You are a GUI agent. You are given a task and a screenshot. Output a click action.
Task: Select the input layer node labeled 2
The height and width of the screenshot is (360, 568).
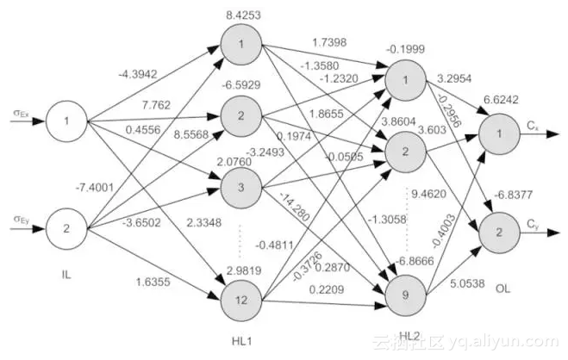[66, 228]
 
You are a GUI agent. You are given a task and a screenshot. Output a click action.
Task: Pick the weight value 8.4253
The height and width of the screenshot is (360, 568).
[241, 14]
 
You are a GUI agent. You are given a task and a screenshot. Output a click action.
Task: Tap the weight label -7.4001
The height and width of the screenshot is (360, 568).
[94, 187]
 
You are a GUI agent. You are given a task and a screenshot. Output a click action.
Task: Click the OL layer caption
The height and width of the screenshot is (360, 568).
[503, 289]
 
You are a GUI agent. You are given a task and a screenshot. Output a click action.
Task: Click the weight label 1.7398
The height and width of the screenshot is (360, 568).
[328, 43]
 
